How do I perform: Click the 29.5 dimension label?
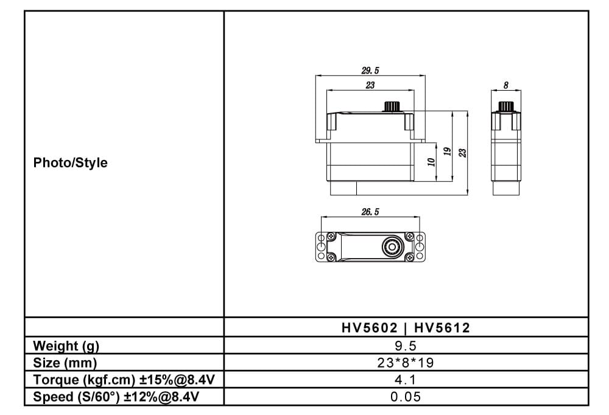pos(370,71)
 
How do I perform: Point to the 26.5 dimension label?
pos(370,212)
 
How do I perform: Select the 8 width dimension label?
pos(506,86)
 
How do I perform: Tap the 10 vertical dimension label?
pos(431,162)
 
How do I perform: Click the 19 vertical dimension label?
pos(447,152)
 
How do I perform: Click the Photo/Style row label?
pos(70,163)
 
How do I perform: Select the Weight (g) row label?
pos(66,346)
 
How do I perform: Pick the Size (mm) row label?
pos(65,363)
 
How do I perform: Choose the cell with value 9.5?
pos(406,346)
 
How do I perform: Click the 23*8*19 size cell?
pos(406,363)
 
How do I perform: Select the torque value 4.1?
pos(406,380)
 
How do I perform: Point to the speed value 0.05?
pos(406,397)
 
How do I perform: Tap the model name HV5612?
pos(442,329)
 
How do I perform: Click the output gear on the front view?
pos(390,107)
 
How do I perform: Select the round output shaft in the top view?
pos(390,246)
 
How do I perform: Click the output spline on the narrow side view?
pos(506,107)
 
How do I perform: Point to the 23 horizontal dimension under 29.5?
pos(370,85)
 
